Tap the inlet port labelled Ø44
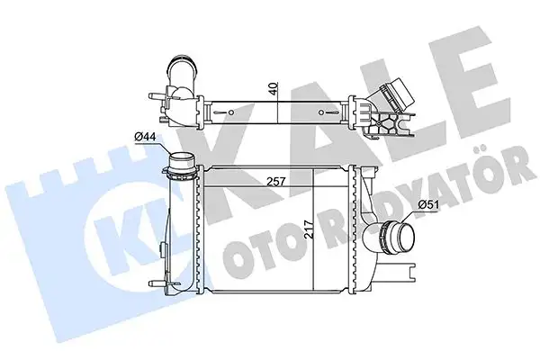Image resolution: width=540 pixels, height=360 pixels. point(183,167)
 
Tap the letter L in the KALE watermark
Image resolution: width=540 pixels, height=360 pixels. point(396,99)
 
